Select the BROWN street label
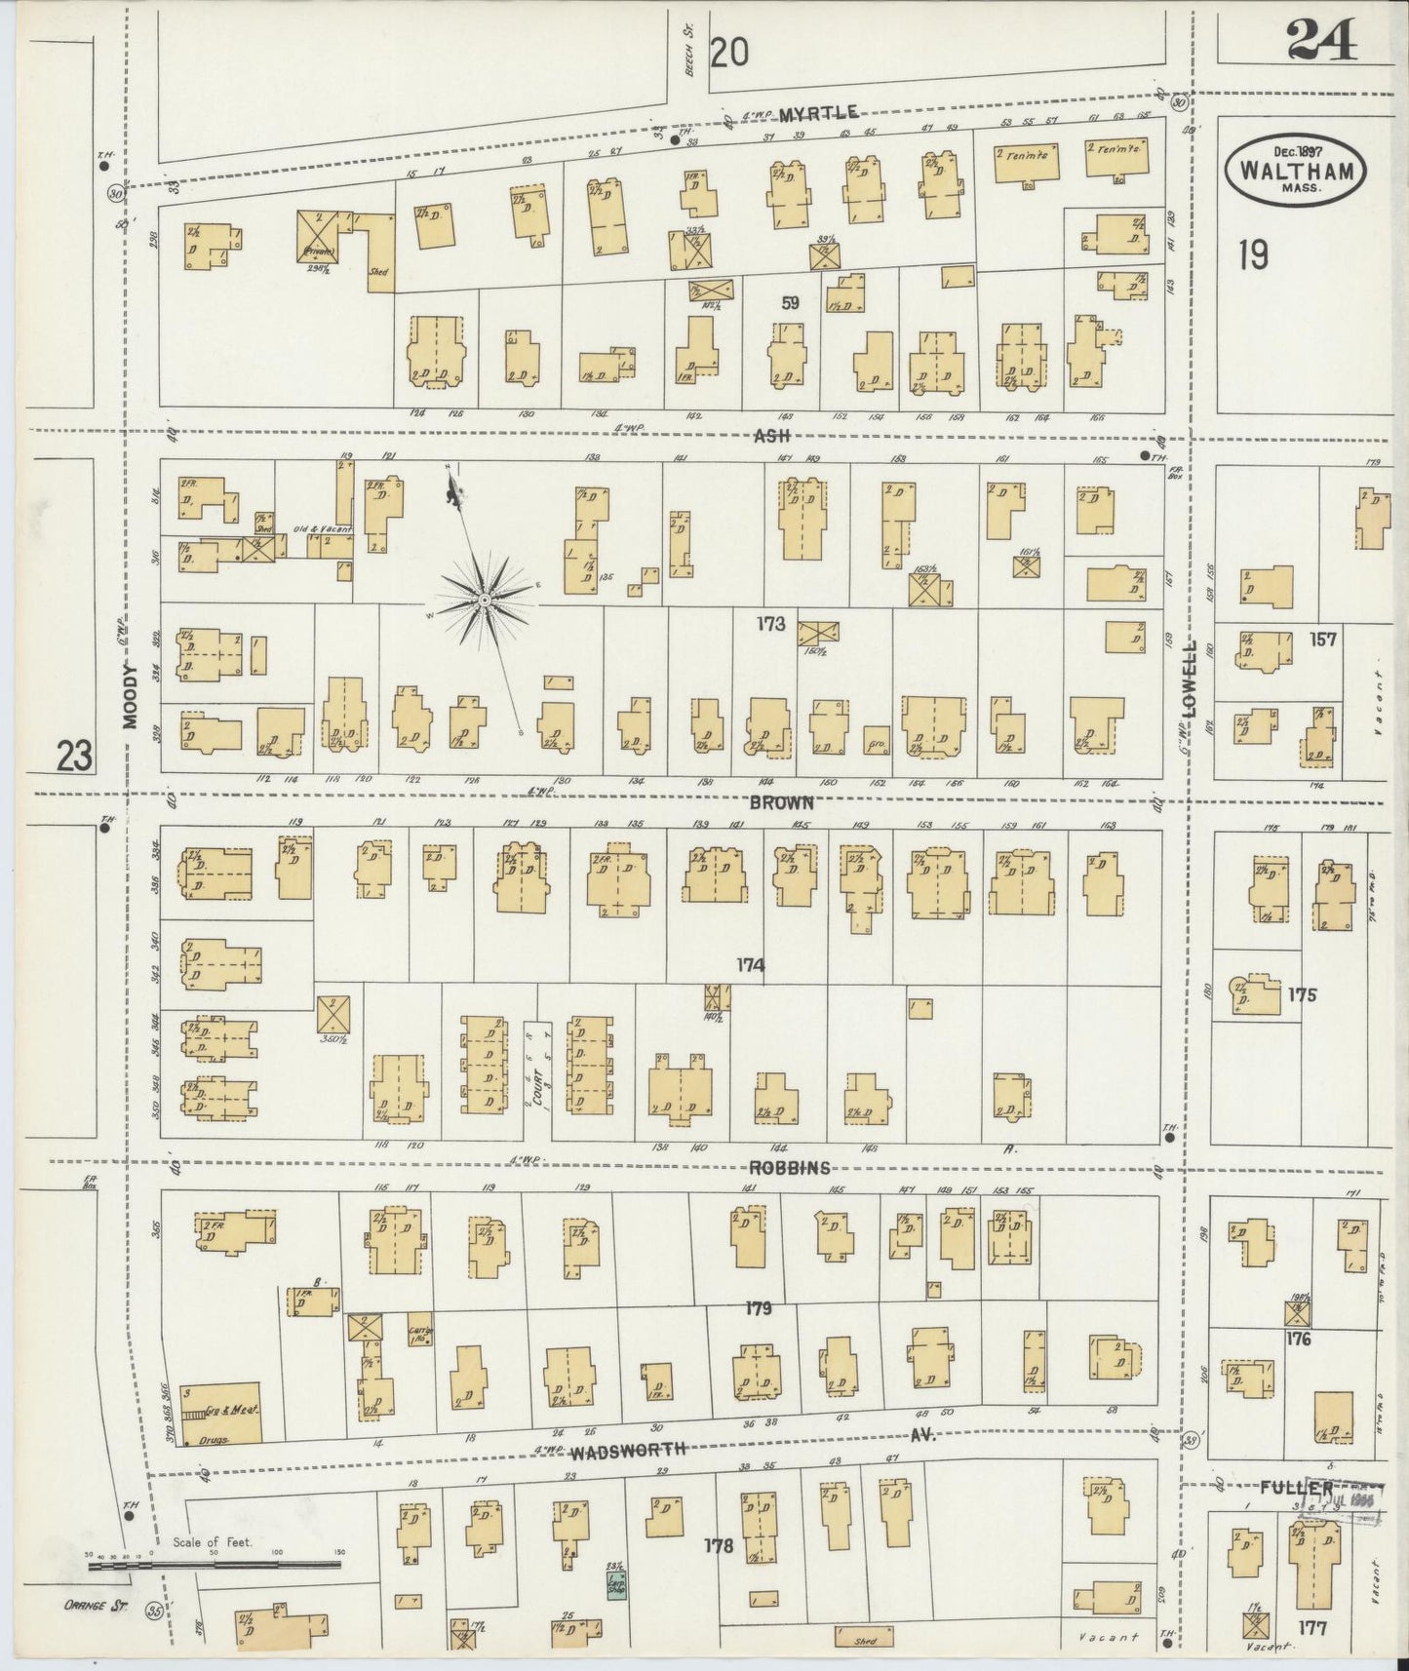(x=781, y=803)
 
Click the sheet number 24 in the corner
(x=1320, y=41)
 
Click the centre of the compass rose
(x=483, y=596)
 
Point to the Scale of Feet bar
(x=214, y=1564)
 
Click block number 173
(x=769, y=623)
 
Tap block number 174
(x=750, y=965)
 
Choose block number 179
(x=758, y=1308)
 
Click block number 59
(x=789, y=303)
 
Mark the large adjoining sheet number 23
(x=74, y=755)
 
